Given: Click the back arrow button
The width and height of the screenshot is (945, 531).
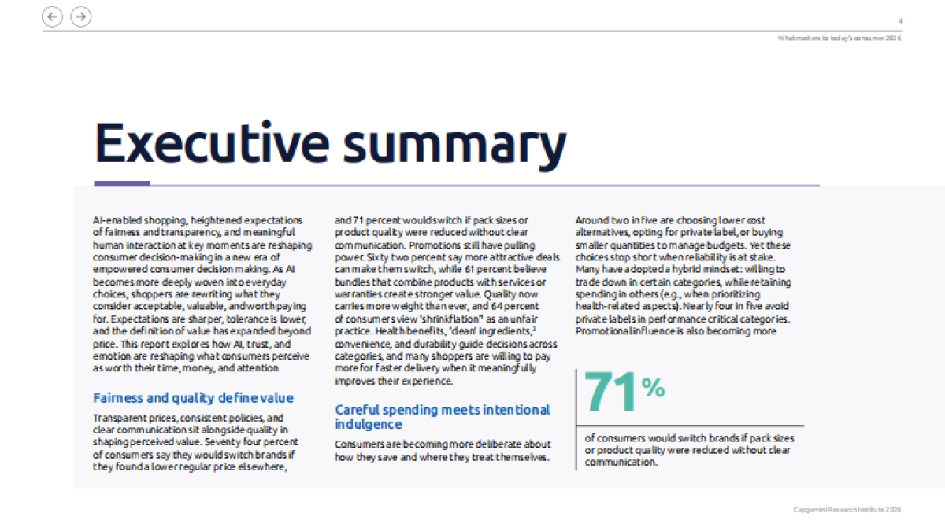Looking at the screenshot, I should point(53,16).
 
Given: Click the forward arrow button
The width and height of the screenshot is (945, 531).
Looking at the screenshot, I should point(80,16).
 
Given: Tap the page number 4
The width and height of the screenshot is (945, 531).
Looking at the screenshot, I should point(900,20).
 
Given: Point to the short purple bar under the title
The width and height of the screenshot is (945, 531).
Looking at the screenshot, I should point(121,184).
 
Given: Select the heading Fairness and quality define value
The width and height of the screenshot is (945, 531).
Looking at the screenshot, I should point(193,398).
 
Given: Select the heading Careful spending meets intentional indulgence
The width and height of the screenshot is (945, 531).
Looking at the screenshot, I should point(442,417).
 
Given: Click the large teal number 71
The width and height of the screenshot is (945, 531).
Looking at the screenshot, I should point(611,391).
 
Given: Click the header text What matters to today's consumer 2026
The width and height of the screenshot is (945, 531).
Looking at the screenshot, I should point(839,38).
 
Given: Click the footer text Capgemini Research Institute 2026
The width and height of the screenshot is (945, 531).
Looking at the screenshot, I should point(847,510).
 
